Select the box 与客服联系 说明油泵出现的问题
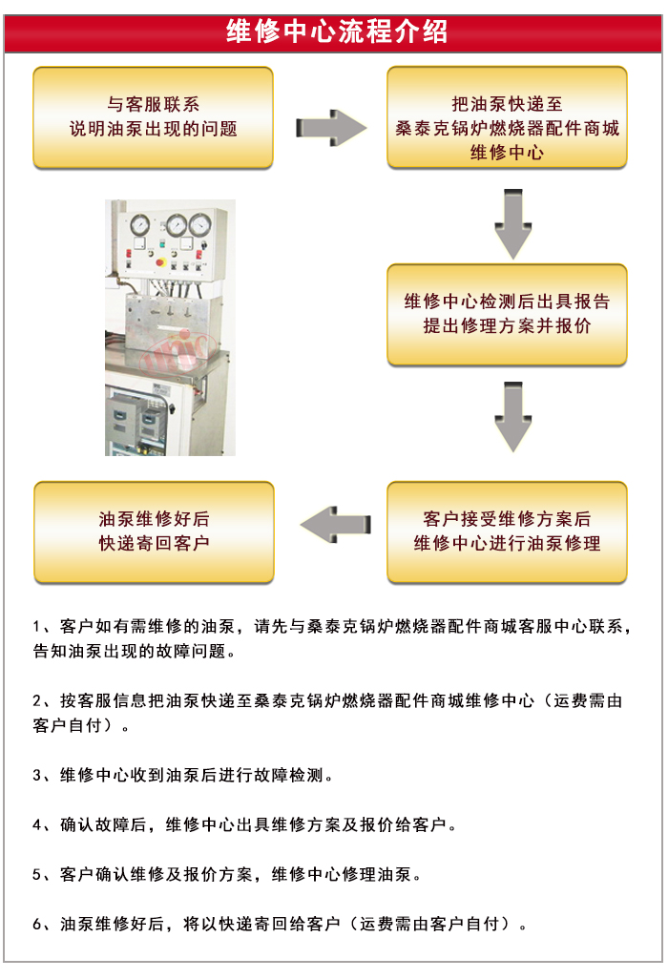point(154,116)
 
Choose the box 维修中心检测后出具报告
point(507,314)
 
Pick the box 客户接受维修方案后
point(507,531)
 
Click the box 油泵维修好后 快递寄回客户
point(154,531)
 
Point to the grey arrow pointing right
point(330,127)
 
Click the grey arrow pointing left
point(334,525)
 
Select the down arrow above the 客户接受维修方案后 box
point(512,417)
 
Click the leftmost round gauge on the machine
point(140,226)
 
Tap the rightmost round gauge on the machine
point(200,225)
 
